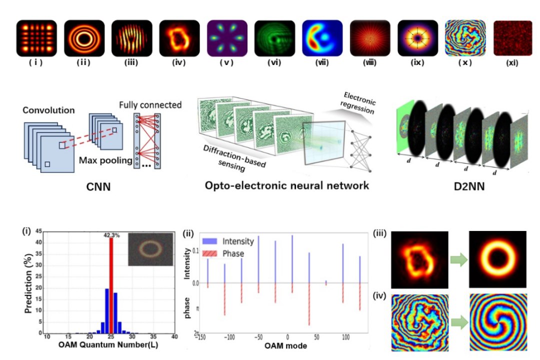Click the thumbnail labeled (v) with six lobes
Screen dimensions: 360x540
pos(227,38)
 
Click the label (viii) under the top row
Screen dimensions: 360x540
pos(370,64)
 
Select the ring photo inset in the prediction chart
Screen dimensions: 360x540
pos(149,248)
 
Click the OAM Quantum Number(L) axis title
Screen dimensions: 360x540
pos(110,344)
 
